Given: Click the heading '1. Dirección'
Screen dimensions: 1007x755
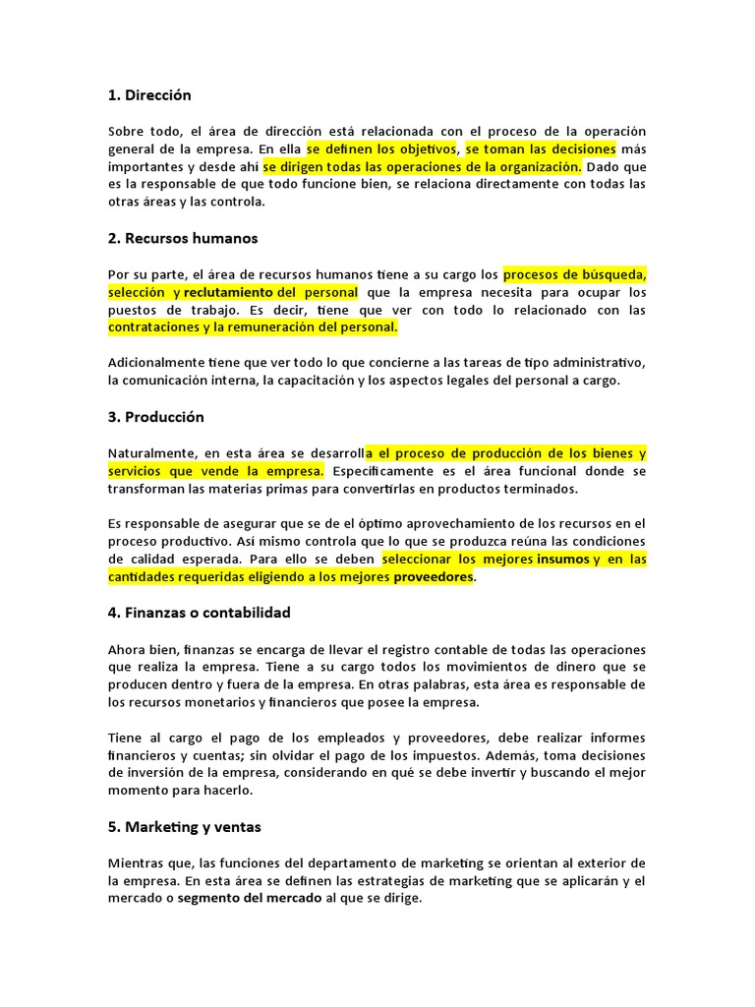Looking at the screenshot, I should (149, 95).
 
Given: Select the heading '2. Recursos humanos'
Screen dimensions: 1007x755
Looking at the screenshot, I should (183, 238).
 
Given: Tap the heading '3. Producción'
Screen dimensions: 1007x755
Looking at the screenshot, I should (156, 417).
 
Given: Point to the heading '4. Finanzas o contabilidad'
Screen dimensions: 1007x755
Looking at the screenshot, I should (200, 613).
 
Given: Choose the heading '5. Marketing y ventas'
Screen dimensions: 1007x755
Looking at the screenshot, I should (185, 827).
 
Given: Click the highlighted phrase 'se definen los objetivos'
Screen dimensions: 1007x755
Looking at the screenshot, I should (381, 149).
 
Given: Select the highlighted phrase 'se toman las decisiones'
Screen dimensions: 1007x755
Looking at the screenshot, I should (541, 149).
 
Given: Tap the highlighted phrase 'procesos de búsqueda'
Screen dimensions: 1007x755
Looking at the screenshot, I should (574, 274).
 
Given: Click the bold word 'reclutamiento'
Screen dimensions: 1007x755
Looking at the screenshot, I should (228, 293).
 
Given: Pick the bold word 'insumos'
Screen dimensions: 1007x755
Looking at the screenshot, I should (562, 560).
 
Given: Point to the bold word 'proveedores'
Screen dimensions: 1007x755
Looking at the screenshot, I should (434, 577).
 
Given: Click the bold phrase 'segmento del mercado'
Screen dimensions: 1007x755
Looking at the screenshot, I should (249, 898).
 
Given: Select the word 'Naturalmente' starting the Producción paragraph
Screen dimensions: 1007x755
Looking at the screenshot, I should (150, 453).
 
